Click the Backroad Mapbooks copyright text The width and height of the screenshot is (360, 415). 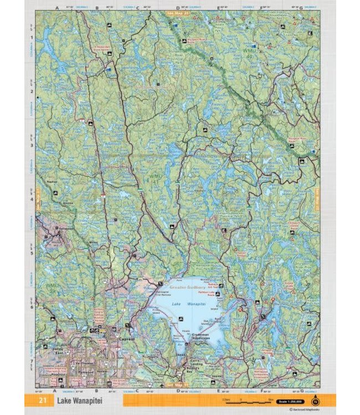pos(304,410)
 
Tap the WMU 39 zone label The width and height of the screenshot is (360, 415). pos(52,288)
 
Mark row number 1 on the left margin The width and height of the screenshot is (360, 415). pos(32,38)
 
